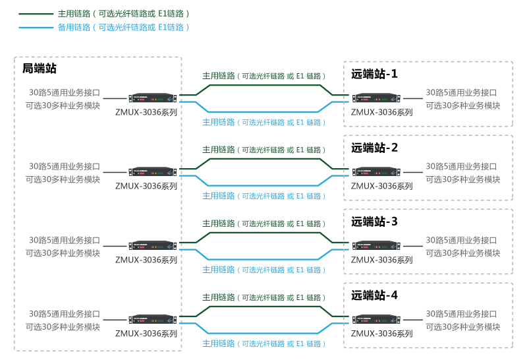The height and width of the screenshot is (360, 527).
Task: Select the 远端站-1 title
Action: click(x=374, y=74)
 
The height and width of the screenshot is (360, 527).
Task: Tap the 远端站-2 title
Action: click(x=374, y=148)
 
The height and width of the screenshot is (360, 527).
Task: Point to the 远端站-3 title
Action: click(x=374, y=222)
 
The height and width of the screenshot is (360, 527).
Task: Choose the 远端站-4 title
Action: click(x=374, y=295)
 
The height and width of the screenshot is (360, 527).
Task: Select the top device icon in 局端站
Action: click(x=153, y=98)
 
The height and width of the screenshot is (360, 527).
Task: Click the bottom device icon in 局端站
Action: click(x=153, y=320)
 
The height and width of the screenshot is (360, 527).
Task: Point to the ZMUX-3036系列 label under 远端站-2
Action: click(x=381, y=186)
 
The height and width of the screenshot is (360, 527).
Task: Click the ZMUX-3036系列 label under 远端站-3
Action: click(x=381, y=260)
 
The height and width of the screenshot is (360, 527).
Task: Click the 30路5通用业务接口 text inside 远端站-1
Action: click(x=461, y=93)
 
